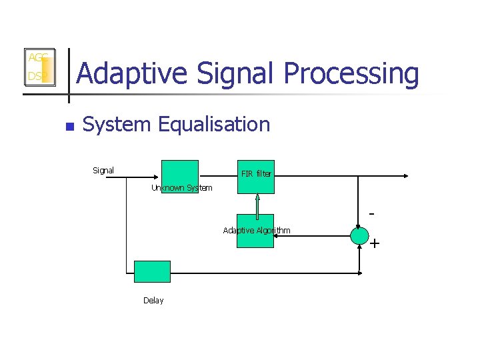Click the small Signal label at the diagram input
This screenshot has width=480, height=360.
(x=103, y=171)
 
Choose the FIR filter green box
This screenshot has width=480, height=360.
(x=256, y=177)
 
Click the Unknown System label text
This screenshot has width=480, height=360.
(x=181, y=188)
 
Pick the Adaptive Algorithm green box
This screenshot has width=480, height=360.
(x=255, y=231)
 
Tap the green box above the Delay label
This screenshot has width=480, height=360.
(x=152, y=271)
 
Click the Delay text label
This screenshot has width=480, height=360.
(x=153, y=301)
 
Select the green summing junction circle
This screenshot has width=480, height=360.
(x=359, y=235)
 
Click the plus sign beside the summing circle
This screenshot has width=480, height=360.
(x=375, y=244)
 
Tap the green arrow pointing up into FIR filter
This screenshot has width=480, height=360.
(x=257, y=200)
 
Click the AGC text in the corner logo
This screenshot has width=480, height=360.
(x=36, y=58)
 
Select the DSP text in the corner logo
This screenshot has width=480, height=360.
(x=35, y=77)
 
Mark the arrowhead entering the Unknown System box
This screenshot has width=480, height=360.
(x=158, y=177)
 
